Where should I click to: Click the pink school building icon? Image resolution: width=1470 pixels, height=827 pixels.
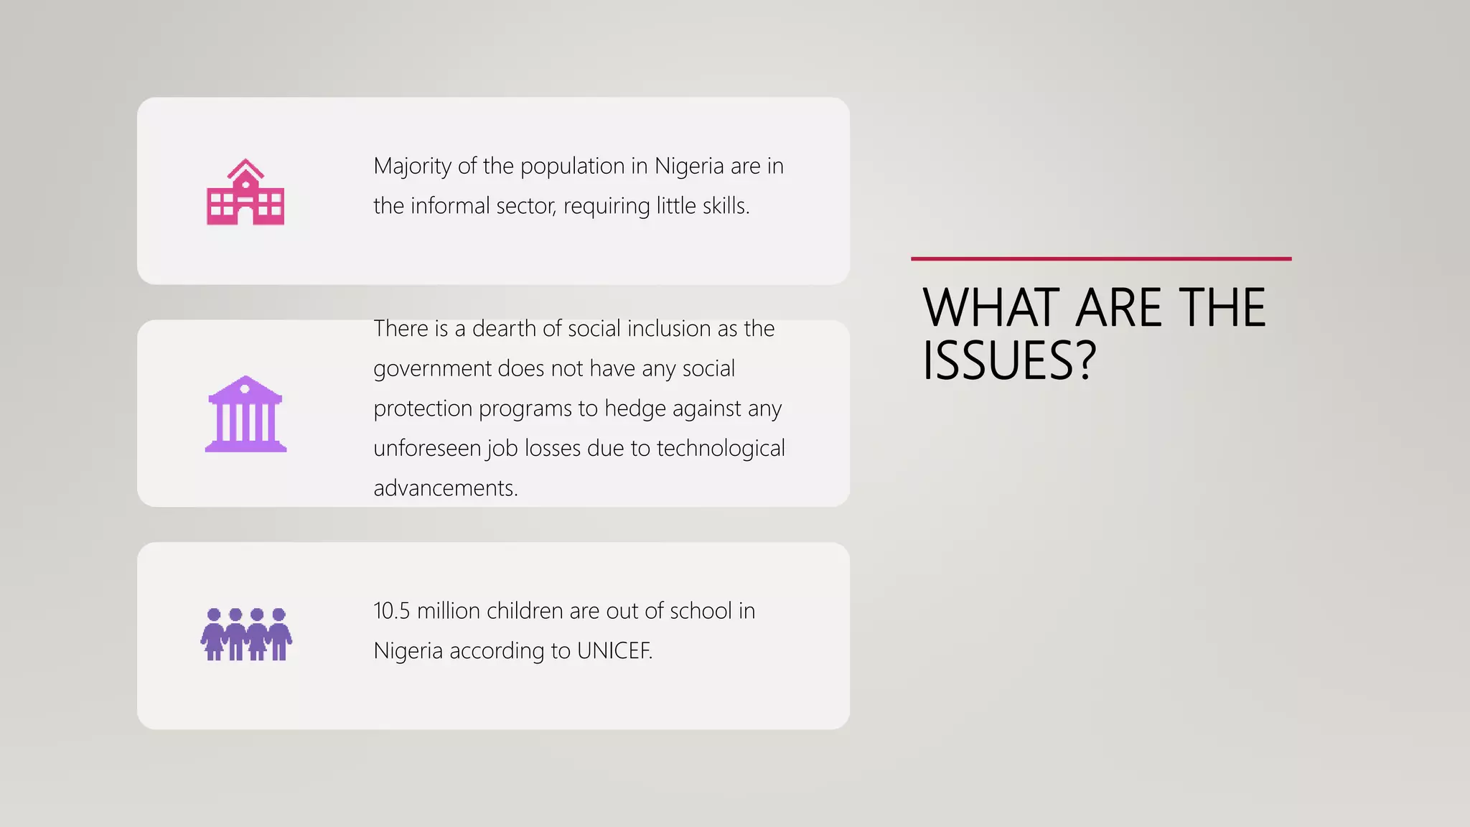tap(245, 192)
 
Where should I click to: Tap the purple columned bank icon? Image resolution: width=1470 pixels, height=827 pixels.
tap(245, 414)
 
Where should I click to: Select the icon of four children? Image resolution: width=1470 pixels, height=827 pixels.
tap(246, 635)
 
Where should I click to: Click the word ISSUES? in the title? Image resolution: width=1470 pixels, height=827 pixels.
tap(1009, 360)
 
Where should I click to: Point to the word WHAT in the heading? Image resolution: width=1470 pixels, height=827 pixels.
tap(991, 308)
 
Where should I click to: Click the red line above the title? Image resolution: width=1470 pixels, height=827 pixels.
tap(1101, 258)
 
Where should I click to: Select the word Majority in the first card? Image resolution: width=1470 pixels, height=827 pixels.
tap(413, 167)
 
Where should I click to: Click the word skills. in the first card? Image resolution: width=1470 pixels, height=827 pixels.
tap(726, 206)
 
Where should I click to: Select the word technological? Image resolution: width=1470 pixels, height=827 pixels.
tap(721, 448)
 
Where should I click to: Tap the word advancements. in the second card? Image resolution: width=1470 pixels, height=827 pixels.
tap(446, 488)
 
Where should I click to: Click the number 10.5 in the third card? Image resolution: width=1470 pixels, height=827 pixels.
tap(391, 611)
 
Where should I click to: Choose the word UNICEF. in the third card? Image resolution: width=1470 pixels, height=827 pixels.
tap(614, 651)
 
